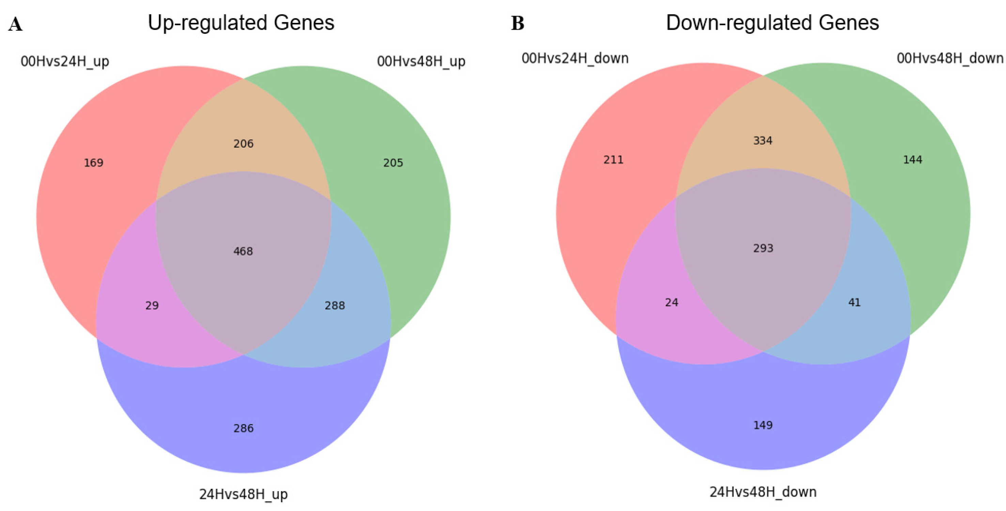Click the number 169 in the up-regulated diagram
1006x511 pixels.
94,163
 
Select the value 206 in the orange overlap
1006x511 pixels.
243,144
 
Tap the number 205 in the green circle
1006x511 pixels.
393,163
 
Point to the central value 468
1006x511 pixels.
243,251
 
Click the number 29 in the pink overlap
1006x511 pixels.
152,305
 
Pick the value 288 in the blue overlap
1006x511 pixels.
335,305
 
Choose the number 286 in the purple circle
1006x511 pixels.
243,428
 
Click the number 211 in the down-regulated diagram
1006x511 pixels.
613,160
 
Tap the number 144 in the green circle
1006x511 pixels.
913,160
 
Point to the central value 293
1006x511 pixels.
763,248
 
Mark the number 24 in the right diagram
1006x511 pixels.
672,302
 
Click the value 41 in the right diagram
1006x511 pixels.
854,302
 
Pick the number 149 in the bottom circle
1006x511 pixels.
763,425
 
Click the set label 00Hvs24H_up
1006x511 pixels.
65,62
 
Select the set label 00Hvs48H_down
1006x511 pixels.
950,58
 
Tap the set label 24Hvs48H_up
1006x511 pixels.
243,494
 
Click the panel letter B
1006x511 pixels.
517,24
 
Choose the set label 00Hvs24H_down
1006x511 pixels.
575,58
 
